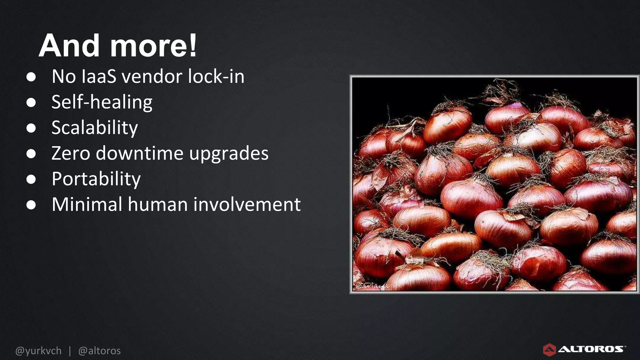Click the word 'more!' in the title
point(153,46)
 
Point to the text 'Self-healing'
point(102,102)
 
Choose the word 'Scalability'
point(95,128)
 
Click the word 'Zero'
point(71,153)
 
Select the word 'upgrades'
point(229,154)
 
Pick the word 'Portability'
point(96,179)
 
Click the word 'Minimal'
point(87,204)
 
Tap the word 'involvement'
point(247,204)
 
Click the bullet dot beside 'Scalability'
point(31,128)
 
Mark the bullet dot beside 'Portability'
point(31,179)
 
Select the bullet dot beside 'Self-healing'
point(31,102)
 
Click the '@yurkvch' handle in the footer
point(38,351)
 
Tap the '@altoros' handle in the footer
point(99,351)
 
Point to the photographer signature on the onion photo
point(372,286)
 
